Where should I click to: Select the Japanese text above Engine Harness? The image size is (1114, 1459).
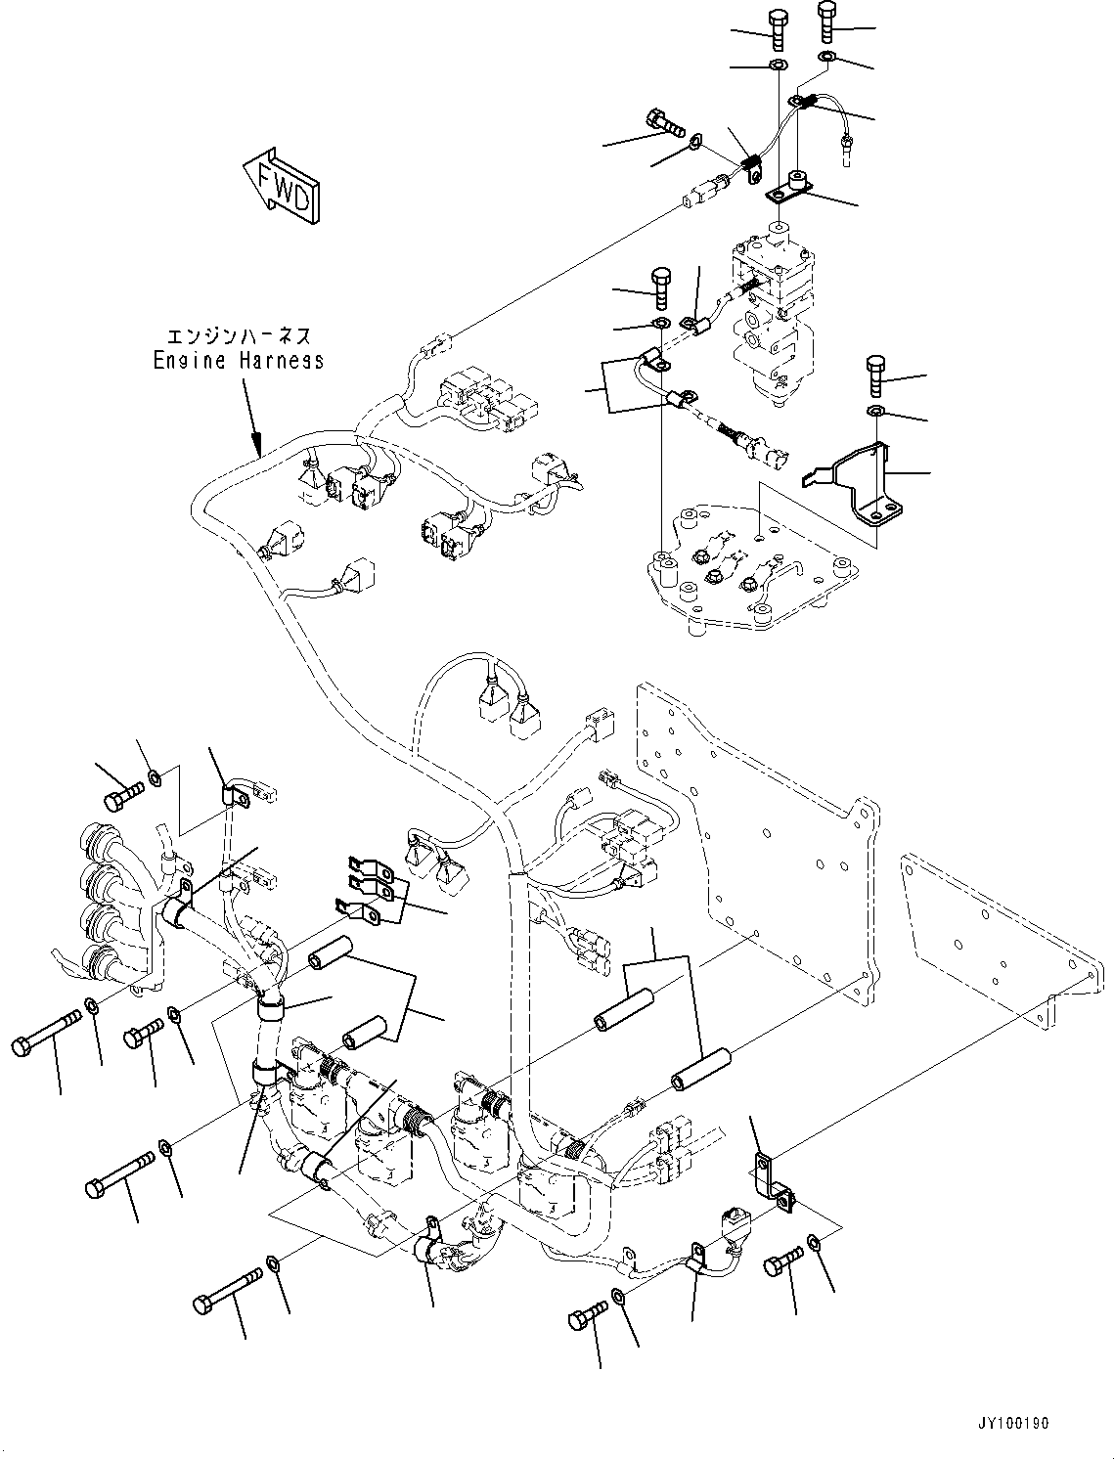pyautogui.click(x=238, y=336)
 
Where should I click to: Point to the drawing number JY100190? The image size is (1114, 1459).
pyautogui.click(x=1012, y=1424)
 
